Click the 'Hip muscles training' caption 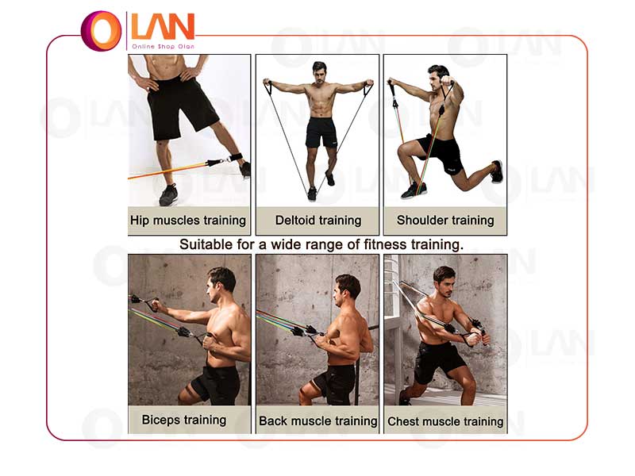click(x=188, y=221)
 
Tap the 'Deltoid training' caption click(x=318, y=221)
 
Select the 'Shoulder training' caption click(x=445, y=221)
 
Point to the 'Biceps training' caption click(x=184, y=420)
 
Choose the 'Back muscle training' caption click(x=318, y=421)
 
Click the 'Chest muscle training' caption click(x=445, y=421)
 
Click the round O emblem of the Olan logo click(x=102, y=31)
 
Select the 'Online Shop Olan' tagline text click(x=164, y=47)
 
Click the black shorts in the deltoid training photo click(x=321, y=132)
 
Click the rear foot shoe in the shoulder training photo click(x=497, y=171)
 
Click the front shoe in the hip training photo click(x=168, y=194)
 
